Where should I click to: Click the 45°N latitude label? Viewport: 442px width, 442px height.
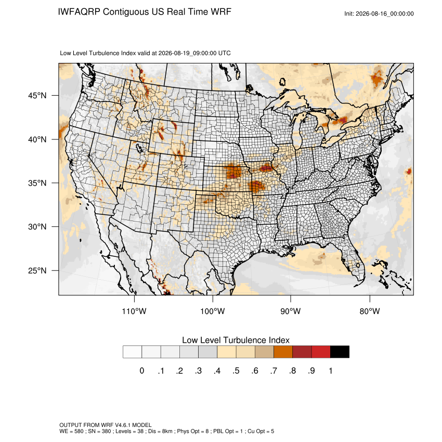[x=37, y=96]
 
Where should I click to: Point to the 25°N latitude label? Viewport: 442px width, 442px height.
[x=37, y=270]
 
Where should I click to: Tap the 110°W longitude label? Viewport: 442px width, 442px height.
[x=134, y=311]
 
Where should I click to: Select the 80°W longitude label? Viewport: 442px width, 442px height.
[x=370, y=311]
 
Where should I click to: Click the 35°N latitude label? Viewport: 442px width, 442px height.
[x=37, y=183]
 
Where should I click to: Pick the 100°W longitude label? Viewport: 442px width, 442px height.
[x=213, y=311]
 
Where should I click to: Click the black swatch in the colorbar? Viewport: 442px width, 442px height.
[x=340, y=352]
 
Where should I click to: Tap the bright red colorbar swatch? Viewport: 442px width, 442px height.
[x=321, y=352]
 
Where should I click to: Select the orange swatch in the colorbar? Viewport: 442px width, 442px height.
[x=283, y=352]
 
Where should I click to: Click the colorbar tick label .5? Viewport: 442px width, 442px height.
[x=236, y=371]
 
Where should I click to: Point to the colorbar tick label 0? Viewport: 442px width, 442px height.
[x=142, y=371]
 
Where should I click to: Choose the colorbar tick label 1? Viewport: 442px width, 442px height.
[x=330, y=371]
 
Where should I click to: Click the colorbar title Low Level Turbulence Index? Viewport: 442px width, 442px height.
[x=236, y=340]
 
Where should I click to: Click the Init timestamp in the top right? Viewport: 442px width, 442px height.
[x=379, y=14]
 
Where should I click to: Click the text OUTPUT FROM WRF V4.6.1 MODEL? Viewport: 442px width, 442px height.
[x=106, y=425]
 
